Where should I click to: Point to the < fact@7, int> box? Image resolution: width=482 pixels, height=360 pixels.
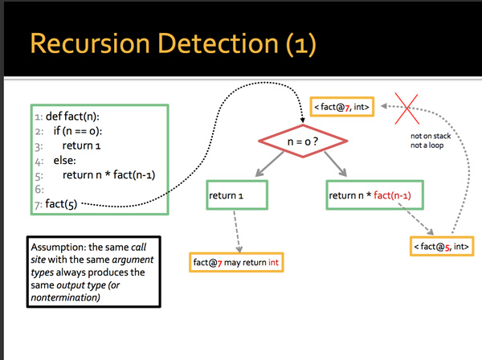point(342,107)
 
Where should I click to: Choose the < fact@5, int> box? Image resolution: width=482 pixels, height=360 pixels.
point(439,245)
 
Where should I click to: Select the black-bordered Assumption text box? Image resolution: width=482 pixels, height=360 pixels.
point(93,271)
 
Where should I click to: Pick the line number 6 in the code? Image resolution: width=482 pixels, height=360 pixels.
point(38,190)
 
